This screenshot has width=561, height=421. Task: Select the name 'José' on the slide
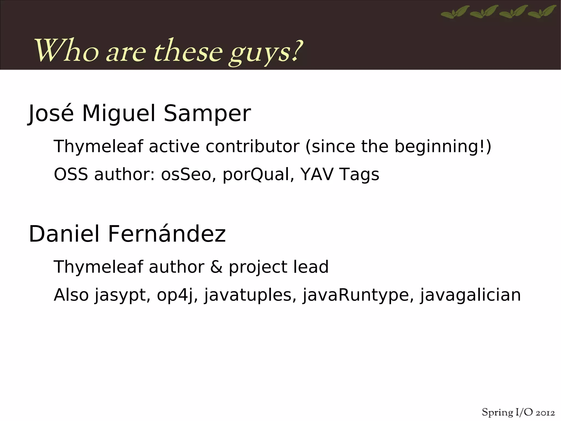pyautogui.click(x=51, y=114)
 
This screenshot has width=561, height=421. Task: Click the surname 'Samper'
pyautogui.click(x=207, y=114)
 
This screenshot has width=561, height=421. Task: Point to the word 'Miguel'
pyautogui.click(x=119, y=114)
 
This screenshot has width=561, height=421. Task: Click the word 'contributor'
pyautogui.click(x=252, y=146)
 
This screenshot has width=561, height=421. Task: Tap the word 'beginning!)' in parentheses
pyautogui.click(x=443, y=146)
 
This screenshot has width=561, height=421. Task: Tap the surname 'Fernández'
pyautogui.click(x=167, y=234)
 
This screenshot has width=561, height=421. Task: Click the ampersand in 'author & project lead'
pyautogui.click(x=216, y=267)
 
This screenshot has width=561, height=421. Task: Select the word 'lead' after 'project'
pyautogui.click(x=311, y=267)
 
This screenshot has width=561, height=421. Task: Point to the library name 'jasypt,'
pyautogui.click(x=122, y=295)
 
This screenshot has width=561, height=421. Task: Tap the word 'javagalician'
pyautogui.click(x=470, y=295)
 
